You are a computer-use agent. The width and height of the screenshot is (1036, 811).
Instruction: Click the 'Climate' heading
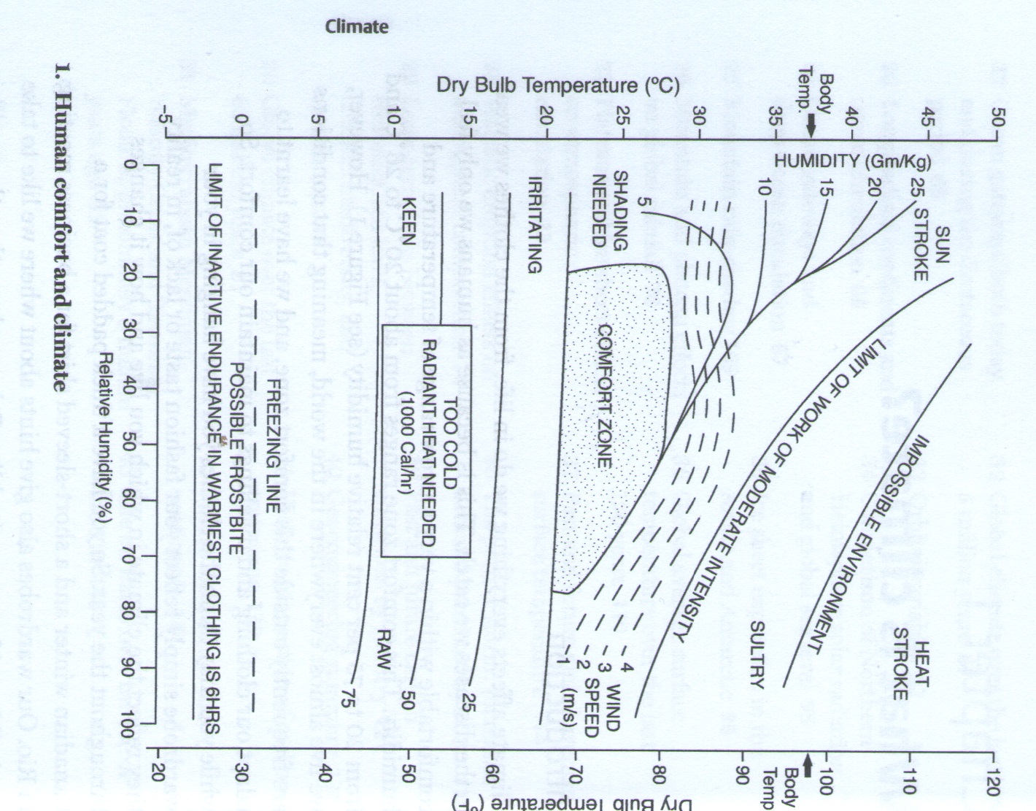pyautogui.click(x=357, y=27)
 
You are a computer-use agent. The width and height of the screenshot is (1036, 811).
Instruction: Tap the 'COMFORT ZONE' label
pyautogui.click(x=605, y=396)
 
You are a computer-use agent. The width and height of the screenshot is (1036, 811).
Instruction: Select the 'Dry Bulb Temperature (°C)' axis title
pyautogui.click(x=558, y=85)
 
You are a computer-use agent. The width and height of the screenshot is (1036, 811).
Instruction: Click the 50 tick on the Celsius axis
pyautogui.click(x=999, y=118)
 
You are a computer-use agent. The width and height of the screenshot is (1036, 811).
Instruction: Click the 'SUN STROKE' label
pyautogui.click(x=931, y=253)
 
